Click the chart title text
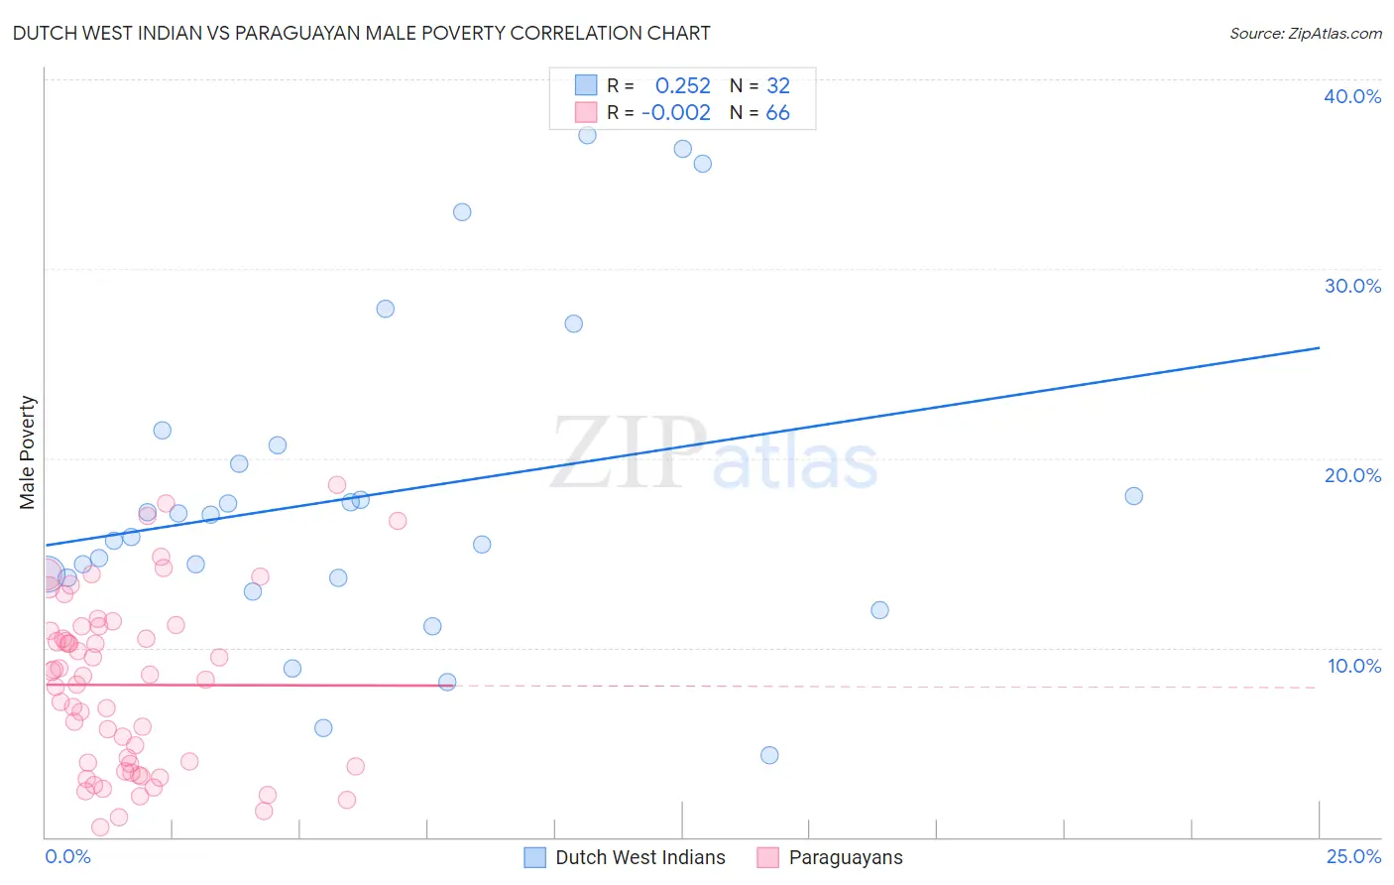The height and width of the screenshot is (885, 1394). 361,33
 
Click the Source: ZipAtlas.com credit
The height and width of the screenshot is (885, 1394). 1305,33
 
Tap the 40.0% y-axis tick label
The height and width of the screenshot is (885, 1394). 1352,96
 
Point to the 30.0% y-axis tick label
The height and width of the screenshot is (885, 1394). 1352,286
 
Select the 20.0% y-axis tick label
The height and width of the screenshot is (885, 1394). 1352,475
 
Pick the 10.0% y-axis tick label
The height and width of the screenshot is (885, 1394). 1353,666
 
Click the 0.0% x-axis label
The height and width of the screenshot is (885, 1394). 67,856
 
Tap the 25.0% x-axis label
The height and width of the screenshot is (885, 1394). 1353,856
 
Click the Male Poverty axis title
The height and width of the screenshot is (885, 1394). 28,452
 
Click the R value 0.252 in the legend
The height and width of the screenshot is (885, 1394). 682,85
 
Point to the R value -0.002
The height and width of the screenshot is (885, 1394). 676,112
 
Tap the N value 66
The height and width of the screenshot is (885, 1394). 777,112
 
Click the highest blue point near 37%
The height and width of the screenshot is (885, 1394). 587,135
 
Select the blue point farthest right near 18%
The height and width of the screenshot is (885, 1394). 1133,496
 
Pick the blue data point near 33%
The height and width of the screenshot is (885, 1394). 462,212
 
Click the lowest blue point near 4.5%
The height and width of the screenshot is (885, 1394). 769,755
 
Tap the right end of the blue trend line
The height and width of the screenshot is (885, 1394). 1319,348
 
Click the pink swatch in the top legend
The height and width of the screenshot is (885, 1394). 586,112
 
